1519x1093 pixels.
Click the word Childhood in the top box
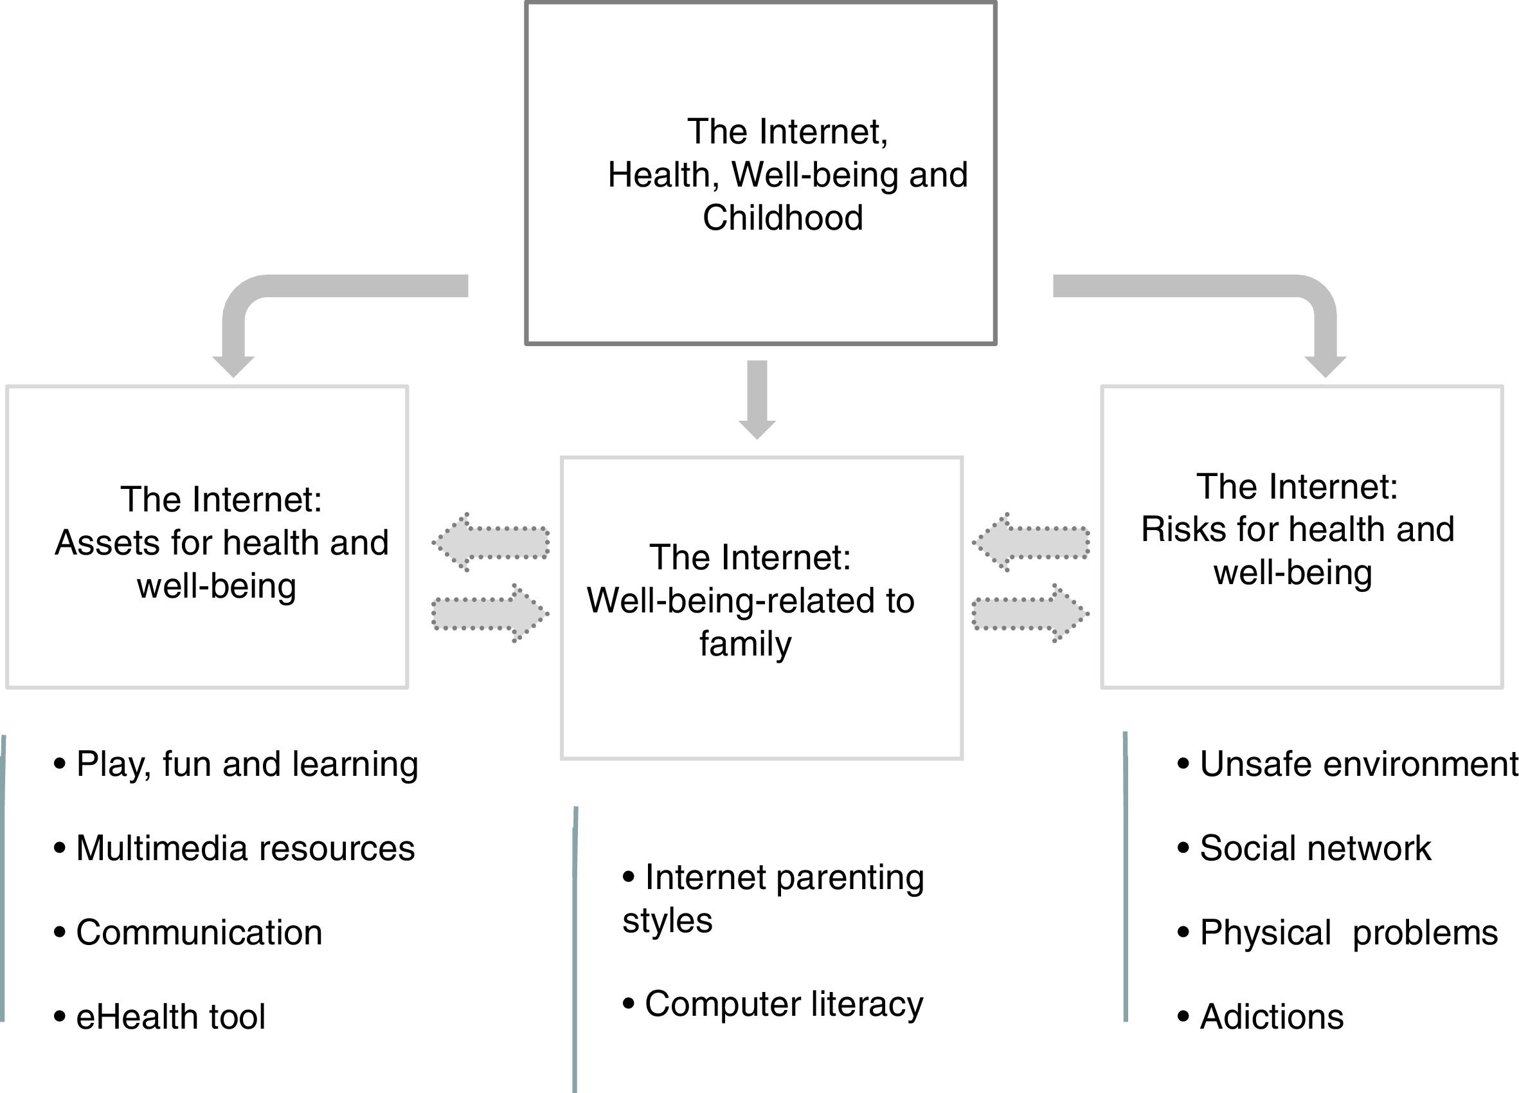pos(782,218)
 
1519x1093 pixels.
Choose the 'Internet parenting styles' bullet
pos(773,898)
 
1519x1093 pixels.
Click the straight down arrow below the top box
pos(757,400)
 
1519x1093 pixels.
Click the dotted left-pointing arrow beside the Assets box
pos(491,542)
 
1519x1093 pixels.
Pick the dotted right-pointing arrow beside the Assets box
pos(491,612)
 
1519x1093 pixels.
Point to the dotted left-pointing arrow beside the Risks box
pos(1030,542)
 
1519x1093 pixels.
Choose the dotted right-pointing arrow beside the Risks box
pos(1030,612)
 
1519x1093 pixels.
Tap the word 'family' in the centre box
pos(746,643)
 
